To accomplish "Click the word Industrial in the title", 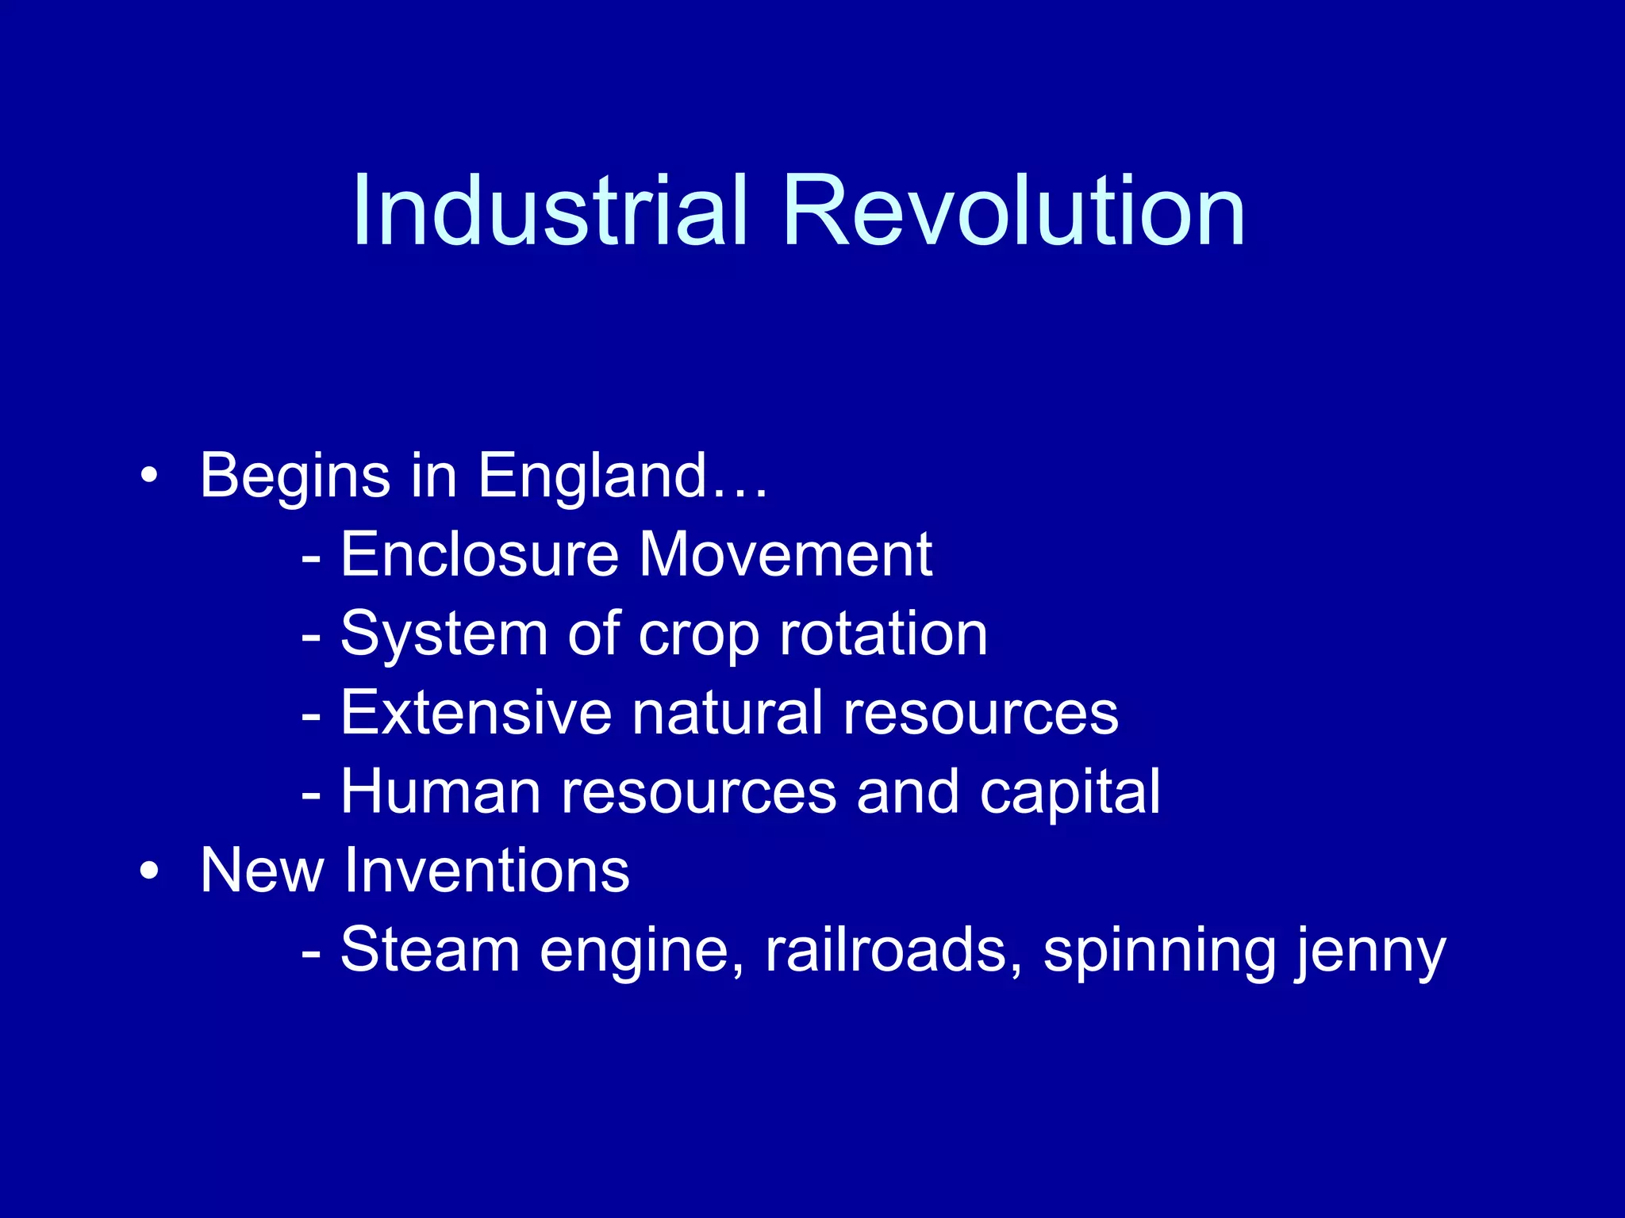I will [x=550, y=211].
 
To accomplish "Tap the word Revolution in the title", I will [x=1013, y=211].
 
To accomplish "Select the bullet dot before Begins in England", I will [x=148, y=476].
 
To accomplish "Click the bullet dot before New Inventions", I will [x=148, y=871].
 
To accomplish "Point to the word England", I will [x=591, y=476].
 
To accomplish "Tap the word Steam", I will [x=429, y=950].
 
